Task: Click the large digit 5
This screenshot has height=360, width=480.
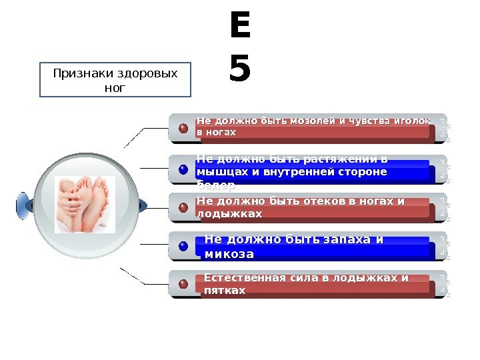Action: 239,69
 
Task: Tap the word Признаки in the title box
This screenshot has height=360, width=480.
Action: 81,73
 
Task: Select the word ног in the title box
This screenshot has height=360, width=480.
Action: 115,87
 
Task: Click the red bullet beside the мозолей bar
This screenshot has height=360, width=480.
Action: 183,127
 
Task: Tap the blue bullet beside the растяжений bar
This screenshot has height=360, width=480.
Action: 183,169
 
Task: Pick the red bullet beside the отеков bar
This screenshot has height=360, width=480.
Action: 183,207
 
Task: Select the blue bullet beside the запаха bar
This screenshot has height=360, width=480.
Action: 183,247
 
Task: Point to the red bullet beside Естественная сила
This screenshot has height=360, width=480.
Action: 183,285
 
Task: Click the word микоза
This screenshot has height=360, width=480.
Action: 229,254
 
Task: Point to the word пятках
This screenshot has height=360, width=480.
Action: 225,291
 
